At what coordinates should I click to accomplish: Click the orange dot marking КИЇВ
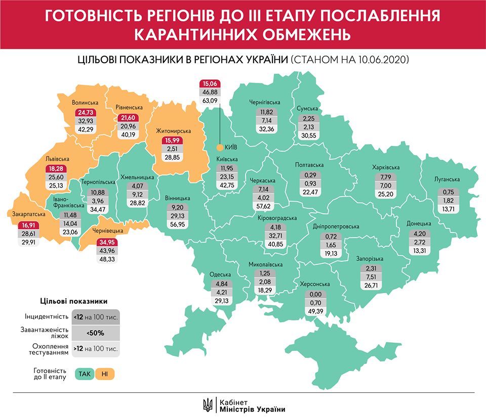pos(219,148)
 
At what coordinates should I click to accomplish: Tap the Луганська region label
pos(447,179)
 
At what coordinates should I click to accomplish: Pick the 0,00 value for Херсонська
pos(315,295)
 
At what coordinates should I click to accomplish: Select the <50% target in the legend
pos(96,333)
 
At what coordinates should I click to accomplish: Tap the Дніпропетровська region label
pos(336,226)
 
